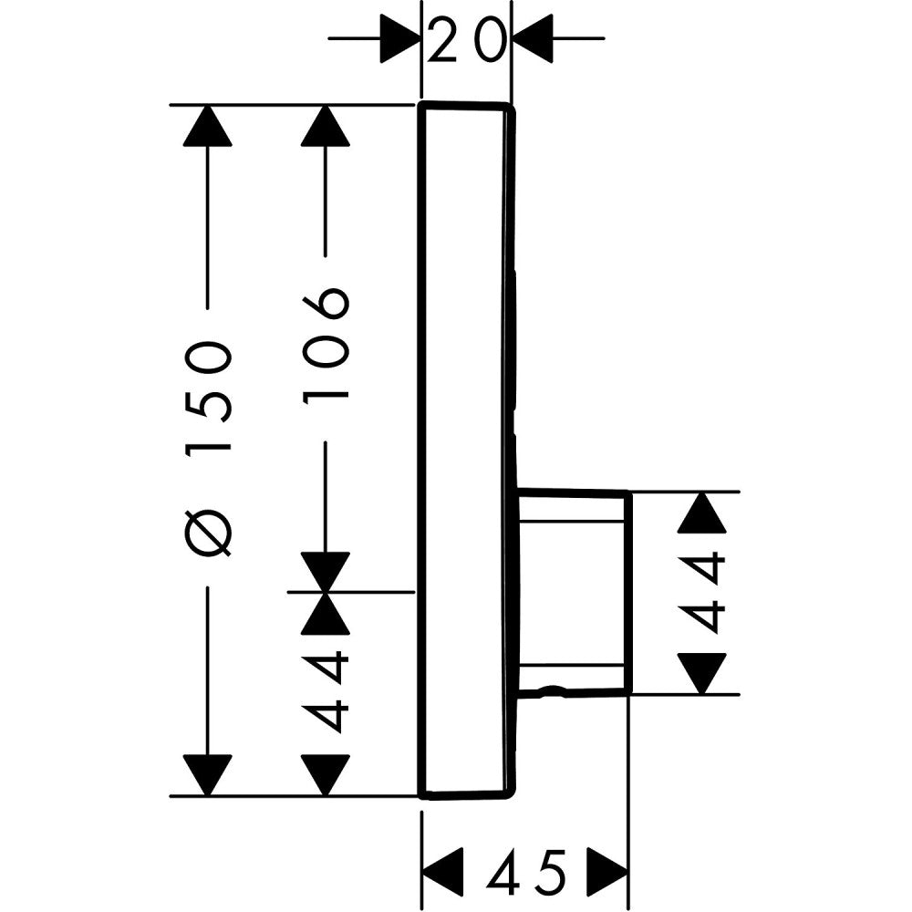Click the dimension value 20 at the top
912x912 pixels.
(466, 41)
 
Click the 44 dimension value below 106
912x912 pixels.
(326, 691)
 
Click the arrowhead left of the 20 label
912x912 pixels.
(401, 38)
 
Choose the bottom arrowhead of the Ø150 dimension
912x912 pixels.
(208, 774)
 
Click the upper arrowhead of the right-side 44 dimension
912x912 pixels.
(702, 513)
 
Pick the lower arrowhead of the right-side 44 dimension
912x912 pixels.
(702, 673)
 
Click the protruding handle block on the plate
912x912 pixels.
(573, 593)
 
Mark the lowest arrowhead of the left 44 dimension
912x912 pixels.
(326, 774)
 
